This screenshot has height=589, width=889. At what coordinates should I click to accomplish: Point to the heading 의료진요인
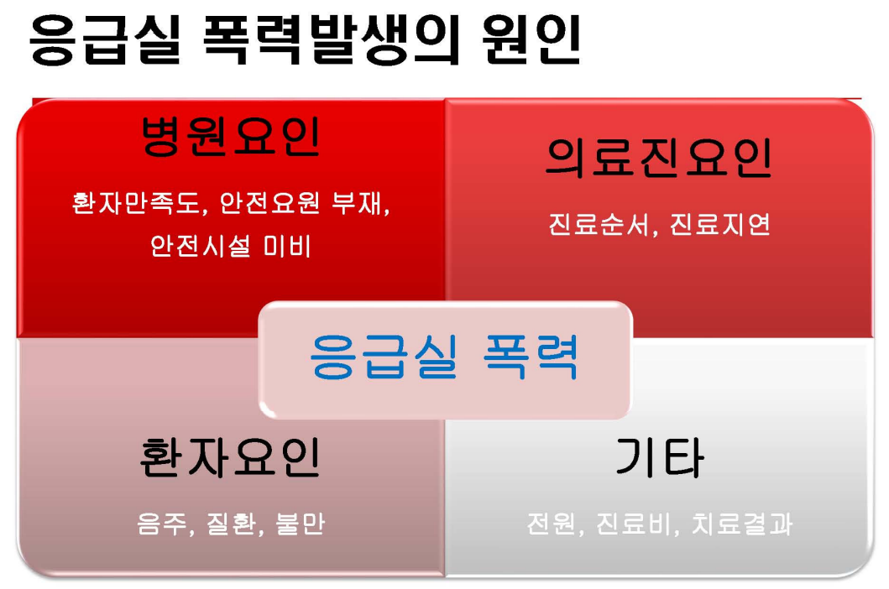pos(659,157)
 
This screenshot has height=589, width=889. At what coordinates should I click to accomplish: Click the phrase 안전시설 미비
pos(231,246)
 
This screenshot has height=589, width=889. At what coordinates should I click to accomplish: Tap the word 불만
pos(301,524)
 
